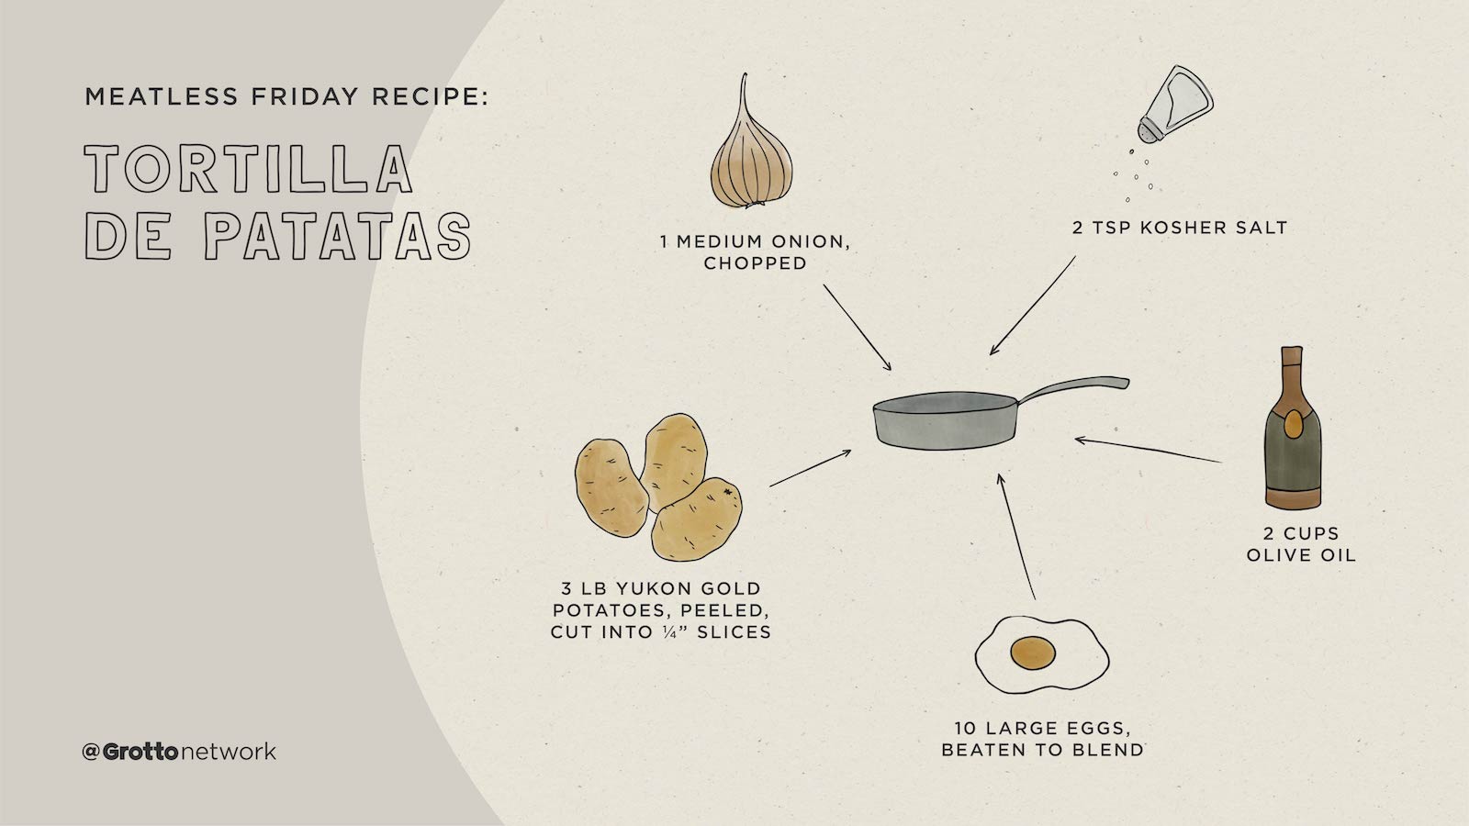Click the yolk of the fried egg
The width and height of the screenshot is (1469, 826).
click(1032, 653)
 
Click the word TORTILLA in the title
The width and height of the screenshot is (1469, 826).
click(248, 169)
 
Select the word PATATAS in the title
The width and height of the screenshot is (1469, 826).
click(337, 236)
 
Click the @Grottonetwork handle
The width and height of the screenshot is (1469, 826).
click(179, 752)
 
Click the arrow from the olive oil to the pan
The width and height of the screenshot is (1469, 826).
click(1148, 451)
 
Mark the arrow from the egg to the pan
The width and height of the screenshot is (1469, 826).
click(1017, 537)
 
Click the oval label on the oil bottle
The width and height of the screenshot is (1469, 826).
click(1292, 423)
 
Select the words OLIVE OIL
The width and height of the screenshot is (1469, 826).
click(1300, 555)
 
